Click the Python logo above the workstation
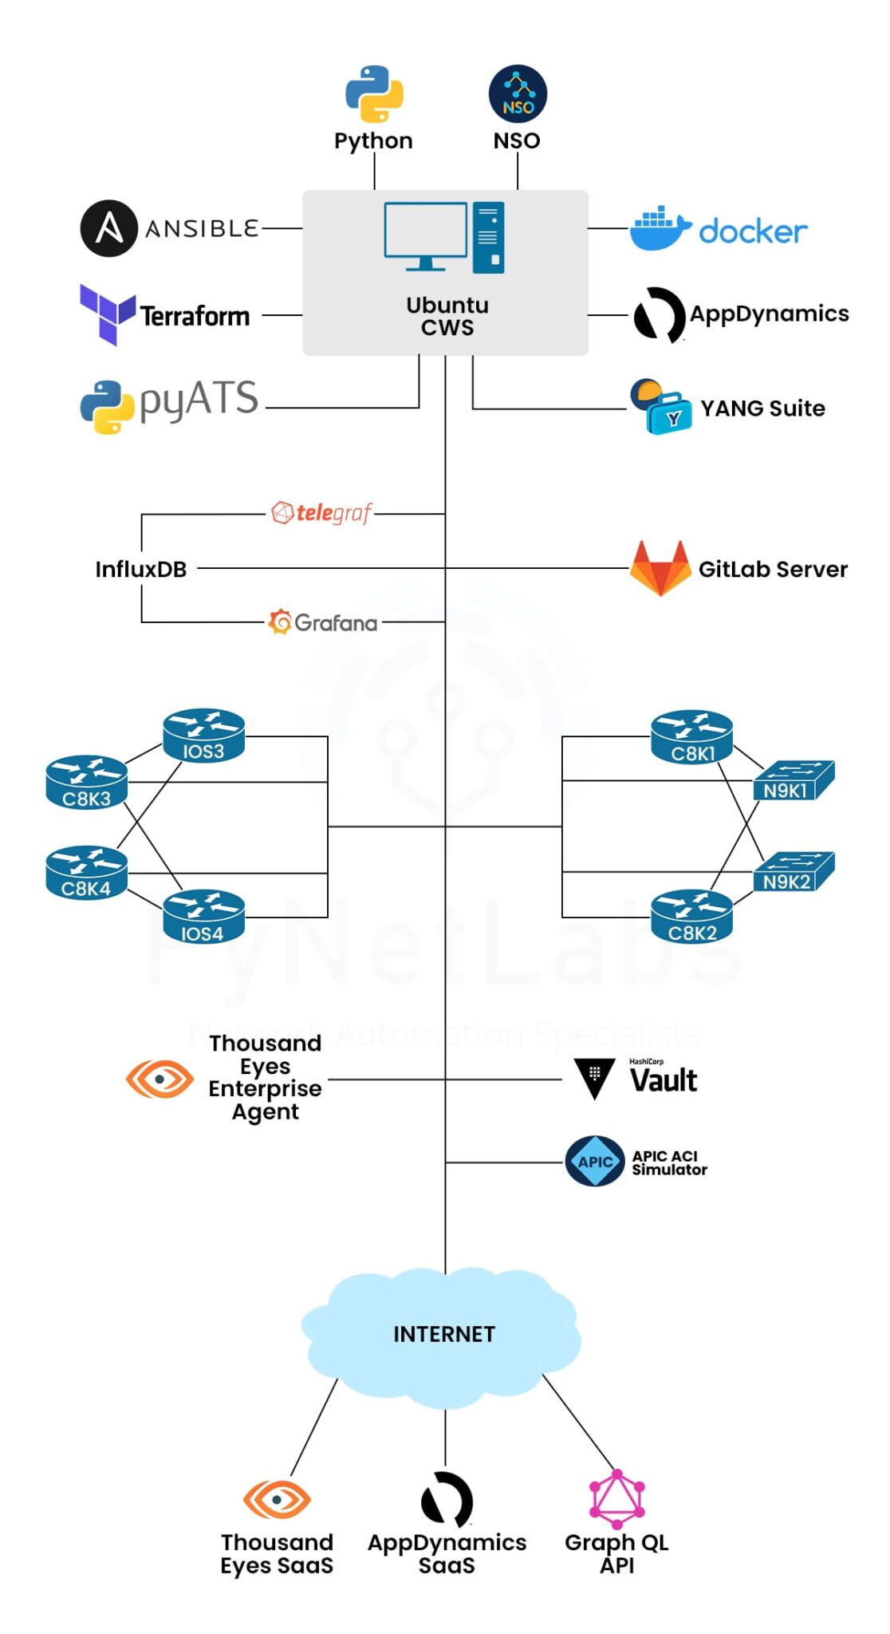[374, 94]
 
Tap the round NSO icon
[518, 94]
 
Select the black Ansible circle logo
[109, 228]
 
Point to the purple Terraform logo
[107, 314]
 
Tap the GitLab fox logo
[660, 568]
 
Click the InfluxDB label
[140, 569]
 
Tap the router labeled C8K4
[86, 873]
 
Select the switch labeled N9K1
[794, 780]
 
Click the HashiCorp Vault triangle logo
[594, 1078]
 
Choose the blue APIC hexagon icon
[594, 1162]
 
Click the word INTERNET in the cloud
[444, 1334]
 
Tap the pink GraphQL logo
[616, 1498]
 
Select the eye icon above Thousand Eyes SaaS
[277, 1500]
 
